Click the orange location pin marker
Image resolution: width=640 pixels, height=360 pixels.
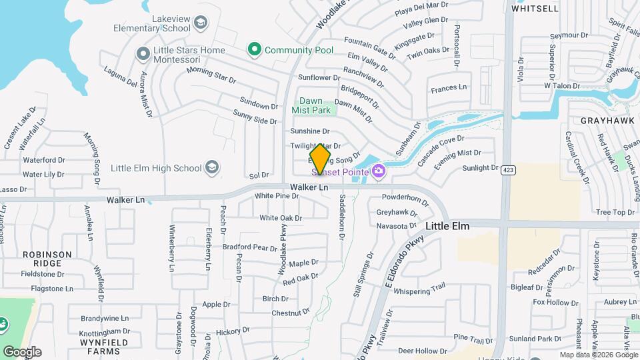click(321, 159)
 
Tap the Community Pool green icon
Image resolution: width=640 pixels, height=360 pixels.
click(253, 49)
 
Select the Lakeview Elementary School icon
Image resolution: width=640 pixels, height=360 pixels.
click(200, 25)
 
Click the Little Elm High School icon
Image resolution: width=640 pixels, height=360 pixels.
click(212, 167)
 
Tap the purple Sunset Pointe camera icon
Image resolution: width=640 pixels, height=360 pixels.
click(379, 172)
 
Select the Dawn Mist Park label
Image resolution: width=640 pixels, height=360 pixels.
click(311, 105)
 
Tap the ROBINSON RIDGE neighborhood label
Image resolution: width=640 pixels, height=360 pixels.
click(47, 259)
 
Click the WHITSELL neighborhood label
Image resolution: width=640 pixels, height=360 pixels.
click(535, 9)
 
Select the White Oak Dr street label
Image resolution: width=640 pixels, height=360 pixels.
click(281, 218)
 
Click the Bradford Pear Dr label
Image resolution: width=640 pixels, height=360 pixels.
click(249, 247)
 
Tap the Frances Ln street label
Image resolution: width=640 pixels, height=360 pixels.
click(449, 88)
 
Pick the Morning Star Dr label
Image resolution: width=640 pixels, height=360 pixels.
click(211, 75)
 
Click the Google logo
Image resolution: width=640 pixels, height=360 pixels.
click(22, 351)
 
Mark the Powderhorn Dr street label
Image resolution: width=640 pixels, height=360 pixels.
click(405, 198)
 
